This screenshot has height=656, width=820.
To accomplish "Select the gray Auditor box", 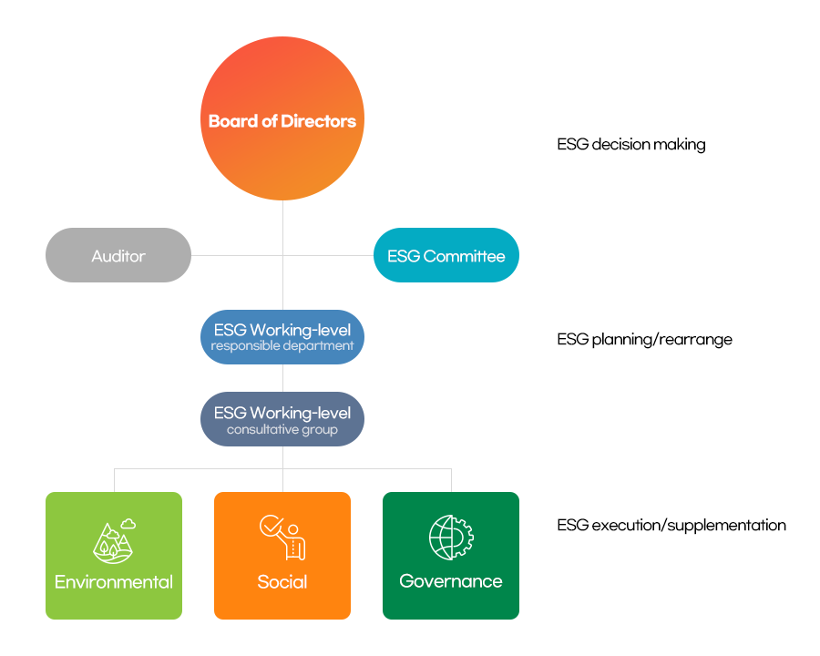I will coord(118,256).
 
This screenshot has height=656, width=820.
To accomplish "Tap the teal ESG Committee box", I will coord(446,256).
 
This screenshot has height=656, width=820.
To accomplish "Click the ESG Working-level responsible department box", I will coord(282,337).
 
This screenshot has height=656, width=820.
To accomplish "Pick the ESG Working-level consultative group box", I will coord(282,419).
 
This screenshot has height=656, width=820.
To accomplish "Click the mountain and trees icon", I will coord(113,543).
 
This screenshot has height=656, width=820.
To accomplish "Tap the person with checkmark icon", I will coord(282,538).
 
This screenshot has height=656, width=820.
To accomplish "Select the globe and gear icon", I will coord(451,538).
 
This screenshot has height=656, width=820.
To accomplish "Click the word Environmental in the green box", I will coord(114,582).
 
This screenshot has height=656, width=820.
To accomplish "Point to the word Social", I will coord(282,582).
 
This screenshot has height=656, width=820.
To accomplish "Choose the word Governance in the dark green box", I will coord(451,581).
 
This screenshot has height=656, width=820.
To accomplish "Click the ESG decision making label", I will coord(631,145).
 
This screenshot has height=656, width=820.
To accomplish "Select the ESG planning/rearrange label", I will coord(645,340).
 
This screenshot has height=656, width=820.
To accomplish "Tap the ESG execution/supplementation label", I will coord(671,526).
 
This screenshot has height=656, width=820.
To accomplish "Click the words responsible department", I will coord(282,346).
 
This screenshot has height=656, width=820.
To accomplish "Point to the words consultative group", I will coord(282,429).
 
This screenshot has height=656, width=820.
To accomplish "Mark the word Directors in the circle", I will coord(318,120).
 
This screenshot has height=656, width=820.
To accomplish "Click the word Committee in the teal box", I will coord(466,256).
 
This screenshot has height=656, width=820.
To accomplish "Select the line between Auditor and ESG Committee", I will coord(237,255).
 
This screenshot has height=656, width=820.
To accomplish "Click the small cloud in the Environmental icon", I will coord(128,524).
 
